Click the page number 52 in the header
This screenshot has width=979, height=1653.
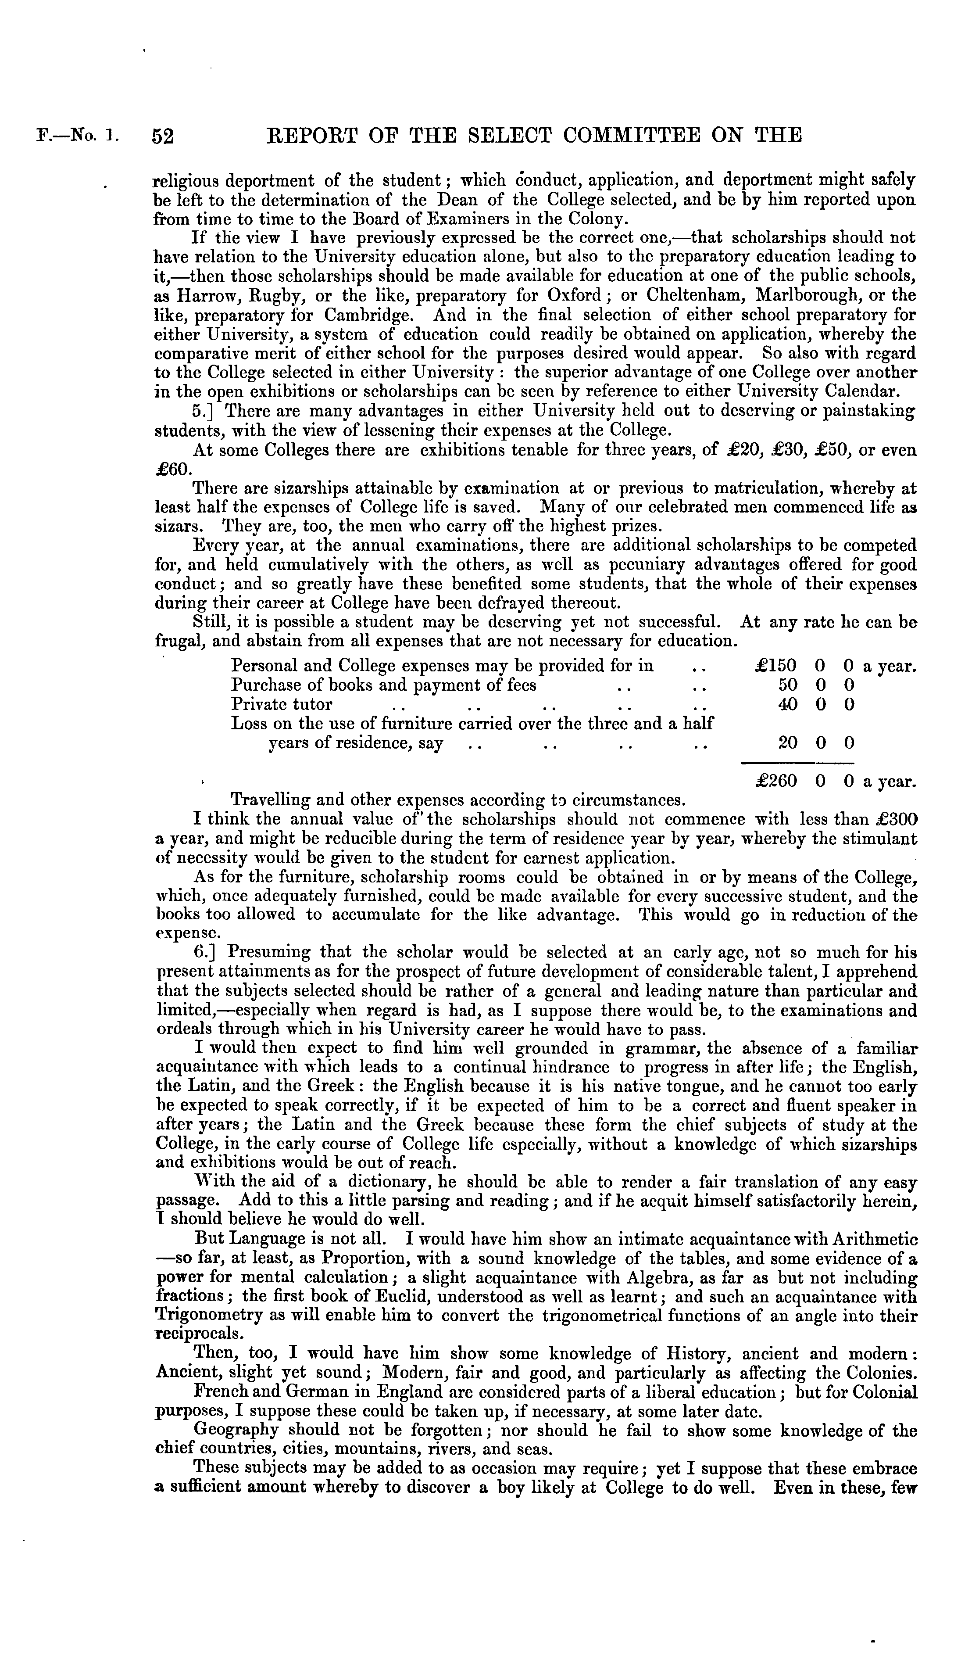163,136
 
